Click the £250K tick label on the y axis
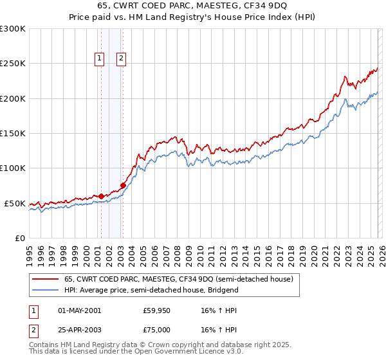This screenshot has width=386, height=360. [12, 64]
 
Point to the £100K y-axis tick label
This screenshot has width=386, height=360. [12, 168]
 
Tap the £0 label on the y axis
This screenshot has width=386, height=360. [19, 238]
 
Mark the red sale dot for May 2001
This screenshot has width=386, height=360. [101, 196]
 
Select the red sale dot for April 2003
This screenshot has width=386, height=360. [123, 186]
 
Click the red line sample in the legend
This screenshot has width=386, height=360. [45, 280]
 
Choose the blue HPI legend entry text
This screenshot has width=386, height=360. [151, 291]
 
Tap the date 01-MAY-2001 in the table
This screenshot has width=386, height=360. [79, 310]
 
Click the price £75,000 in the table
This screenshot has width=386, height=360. [157, 329]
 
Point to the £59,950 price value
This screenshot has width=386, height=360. [157, 310]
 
